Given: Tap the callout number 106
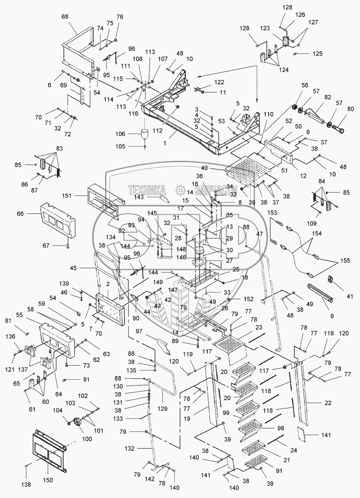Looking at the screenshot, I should (x=120, y=134).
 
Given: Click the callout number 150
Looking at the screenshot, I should (x=48, y=480).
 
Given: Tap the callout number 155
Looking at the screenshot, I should (x=345, y=261).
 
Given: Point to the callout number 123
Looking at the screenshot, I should (x=275, y=28).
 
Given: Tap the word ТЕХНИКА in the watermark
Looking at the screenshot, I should (x=147, y=191).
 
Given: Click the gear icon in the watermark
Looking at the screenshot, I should (x=181, y=190).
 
